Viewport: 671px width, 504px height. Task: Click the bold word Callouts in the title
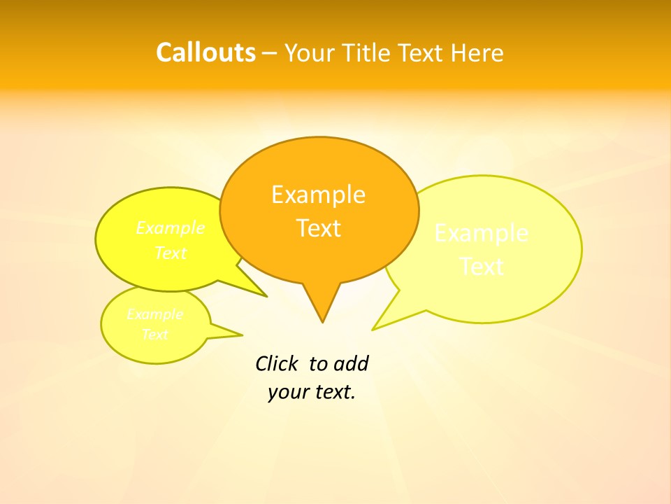coord(205,52)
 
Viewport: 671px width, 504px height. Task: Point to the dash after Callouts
coord(270,53)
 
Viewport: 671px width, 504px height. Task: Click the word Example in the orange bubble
coord(318,195)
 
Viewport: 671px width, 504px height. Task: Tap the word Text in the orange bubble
coord(319,228)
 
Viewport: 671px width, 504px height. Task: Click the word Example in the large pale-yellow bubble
coord(482,233)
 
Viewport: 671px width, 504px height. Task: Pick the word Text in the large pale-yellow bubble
coord(482,267)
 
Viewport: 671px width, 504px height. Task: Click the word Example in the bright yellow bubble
coord(171,228)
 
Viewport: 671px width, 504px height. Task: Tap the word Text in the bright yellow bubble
coord(171,253)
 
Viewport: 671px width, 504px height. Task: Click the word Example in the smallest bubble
coord(155,314)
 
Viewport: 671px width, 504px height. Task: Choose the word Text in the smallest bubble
coord(155,335)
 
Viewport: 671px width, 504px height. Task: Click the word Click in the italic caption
coord(277,363)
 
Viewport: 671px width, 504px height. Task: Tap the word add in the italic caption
coord(351,363)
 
